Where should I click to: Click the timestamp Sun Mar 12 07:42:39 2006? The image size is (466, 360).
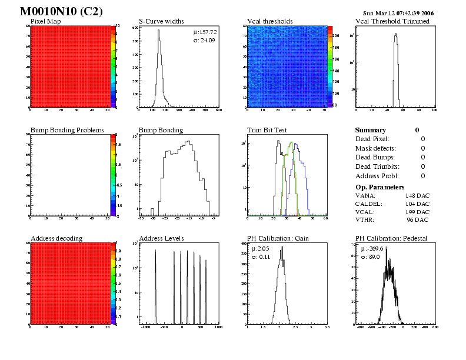(398, 12)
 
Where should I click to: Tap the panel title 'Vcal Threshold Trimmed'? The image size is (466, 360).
(392, 21)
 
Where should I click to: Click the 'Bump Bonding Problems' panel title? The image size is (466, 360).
(67, 130)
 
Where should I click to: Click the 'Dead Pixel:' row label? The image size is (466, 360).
(372, 139)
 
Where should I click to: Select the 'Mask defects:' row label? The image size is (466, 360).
(376, 148)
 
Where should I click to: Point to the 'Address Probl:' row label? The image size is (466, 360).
(377, 176)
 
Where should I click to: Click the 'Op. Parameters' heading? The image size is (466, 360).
(380, 187)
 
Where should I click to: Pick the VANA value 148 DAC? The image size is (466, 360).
(417, 195)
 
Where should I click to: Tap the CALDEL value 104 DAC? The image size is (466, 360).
(417, 204)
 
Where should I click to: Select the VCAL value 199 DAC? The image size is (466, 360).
(417, 212)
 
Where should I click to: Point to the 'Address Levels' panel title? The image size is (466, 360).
(161, 238)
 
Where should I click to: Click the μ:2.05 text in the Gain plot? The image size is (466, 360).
(260, 249)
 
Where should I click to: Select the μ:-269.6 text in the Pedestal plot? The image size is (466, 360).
(371, 249)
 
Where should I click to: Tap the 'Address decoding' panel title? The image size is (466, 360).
(56, 238)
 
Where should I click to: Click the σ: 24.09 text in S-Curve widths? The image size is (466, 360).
(205, 41)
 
